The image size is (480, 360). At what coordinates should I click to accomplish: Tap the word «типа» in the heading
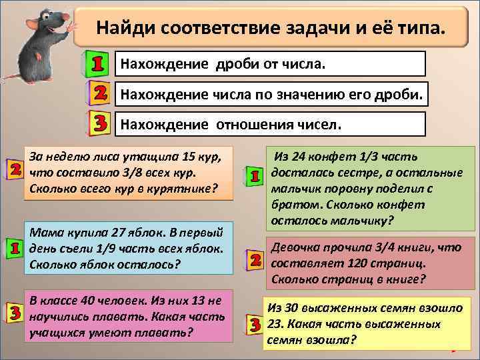pos(411,29)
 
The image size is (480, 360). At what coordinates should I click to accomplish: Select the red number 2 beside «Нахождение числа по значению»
pos(99,95)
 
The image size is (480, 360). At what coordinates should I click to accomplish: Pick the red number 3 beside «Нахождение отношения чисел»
pos(99,124)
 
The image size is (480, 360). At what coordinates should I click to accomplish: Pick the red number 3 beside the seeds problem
pos(253,325)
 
